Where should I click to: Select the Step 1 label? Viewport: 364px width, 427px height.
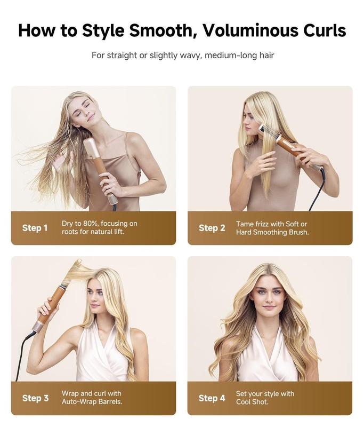[x=35, y=228]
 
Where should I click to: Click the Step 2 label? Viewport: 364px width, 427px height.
[x=212, y=228]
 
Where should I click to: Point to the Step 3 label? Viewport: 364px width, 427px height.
[x=35, y=398]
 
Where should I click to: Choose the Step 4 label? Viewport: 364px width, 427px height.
[x=212, y=398]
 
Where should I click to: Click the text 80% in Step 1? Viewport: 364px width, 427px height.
[x=96, y=224]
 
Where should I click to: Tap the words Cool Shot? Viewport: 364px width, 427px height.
[x=252, y=402]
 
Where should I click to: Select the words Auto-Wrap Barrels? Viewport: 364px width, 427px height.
[x=92, y=402]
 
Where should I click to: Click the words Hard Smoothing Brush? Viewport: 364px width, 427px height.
[x=272, y=232]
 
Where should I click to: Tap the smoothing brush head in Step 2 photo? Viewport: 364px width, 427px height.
[x=271, y=132]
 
